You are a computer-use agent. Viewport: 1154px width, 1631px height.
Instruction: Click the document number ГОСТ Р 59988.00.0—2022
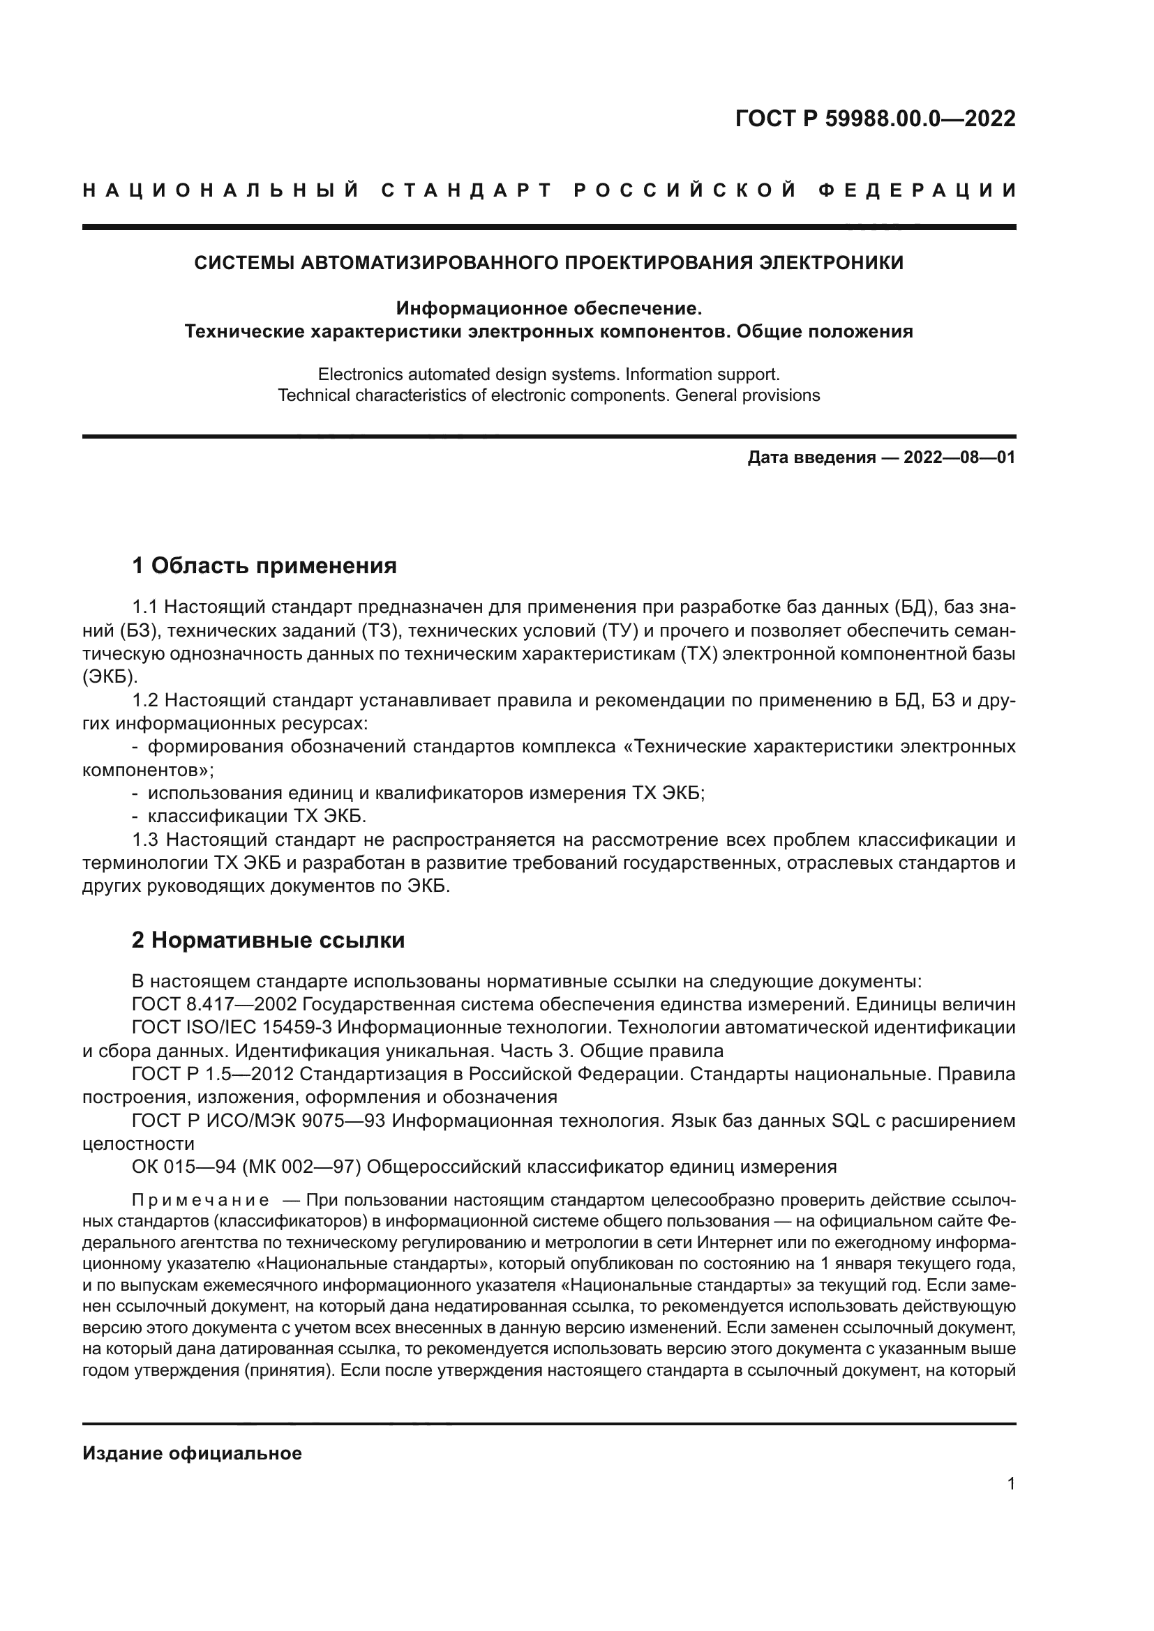pyautogui.click(x=875, y=119)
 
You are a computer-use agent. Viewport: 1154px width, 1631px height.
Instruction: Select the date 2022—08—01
pyautogui.click(x=959, y=457)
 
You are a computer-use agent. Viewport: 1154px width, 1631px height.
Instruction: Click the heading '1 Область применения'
pyautogui.click(x=264, y=566)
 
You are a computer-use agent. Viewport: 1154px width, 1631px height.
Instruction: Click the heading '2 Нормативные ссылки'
pyautogui.click(x=269, y=941)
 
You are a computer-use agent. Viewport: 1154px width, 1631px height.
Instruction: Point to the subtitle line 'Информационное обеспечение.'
pyautogui.click(x=548, y=308)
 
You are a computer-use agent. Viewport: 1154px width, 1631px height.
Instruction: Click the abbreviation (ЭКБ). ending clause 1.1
pyautogui.click(x=110, y=677)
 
